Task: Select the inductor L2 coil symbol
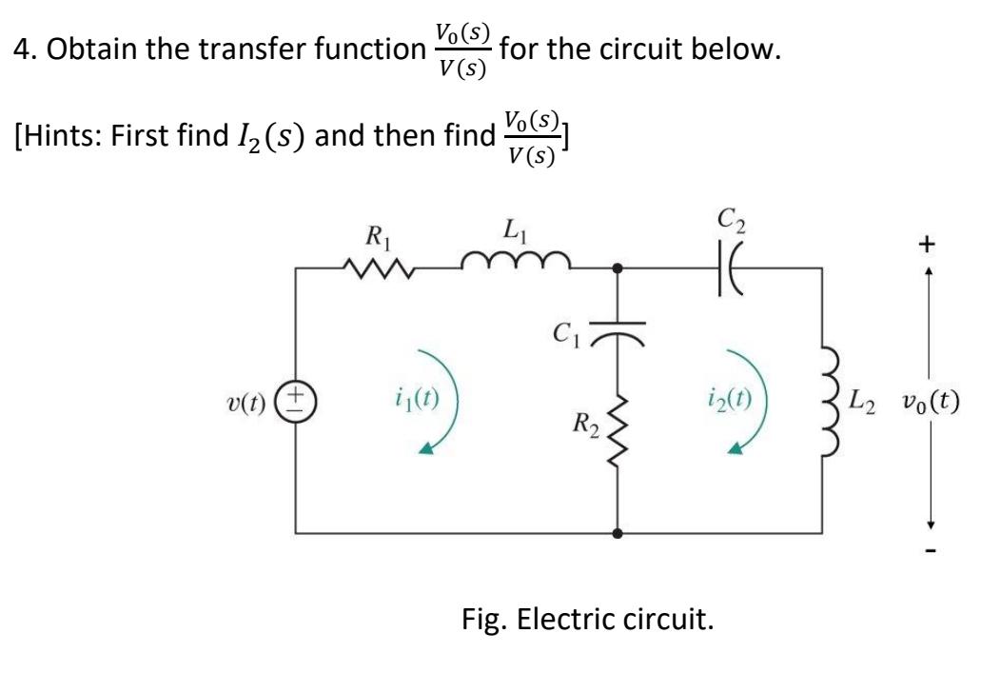click(x=824, y=400)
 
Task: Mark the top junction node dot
click(x=619, y=269)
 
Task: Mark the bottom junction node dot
click(x=619, y=533)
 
